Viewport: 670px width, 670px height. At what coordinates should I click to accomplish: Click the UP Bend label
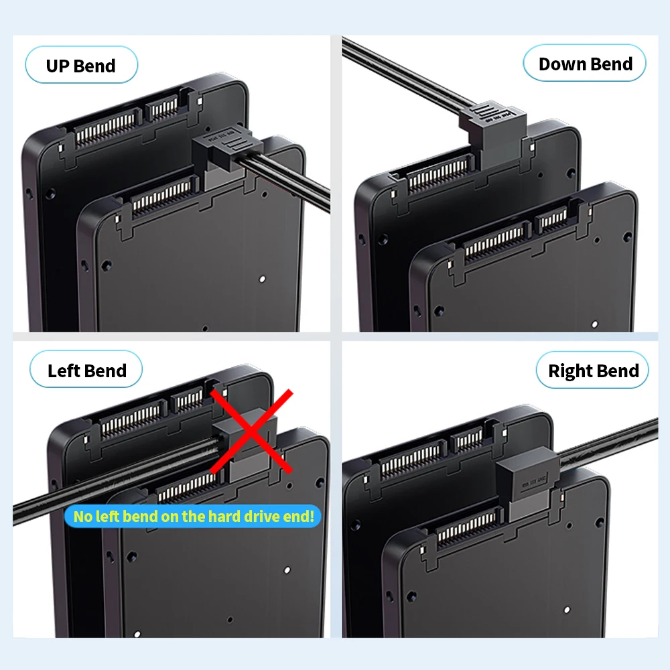pos(80,66)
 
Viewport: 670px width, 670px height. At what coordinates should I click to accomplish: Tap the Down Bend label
pos(585,64)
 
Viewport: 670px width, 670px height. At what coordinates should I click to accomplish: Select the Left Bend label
pos(86,371)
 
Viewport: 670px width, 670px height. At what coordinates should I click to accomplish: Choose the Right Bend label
pos(593,371)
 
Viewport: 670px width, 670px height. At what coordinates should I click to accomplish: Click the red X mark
pos(251,430)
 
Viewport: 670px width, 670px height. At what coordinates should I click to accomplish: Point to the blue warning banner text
pos(193,516)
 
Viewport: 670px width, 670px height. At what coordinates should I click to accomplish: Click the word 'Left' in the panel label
pos(64,371)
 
